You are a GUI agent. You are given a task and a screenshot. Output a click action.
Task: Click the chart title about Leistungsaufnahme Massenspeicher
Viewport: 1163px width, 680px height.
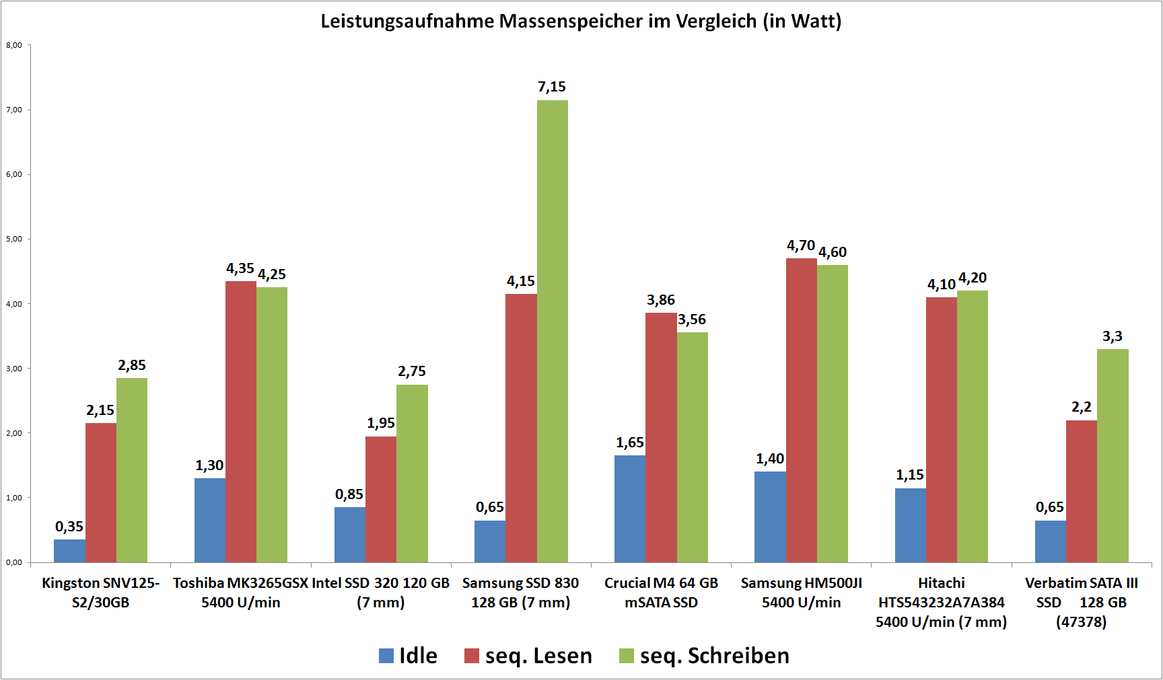(x=581, y=21)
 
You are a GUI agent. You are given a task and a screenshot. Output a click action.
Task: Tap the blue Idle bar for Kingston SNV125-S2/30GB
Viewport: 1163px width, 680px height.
(x=69, y=551)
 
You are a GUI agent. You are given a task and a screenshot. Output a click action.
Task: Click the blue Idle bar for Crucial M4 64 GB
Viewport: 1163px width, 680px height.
(x=630, y=508)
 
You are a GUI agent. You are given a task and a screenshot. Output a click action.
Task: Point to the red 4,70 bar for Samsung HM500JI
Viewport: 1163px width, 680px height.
(x=801, y=410)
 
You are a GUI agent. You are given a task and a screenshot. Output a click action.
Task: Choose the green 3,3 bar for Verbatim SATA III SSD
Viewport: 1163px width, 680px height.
(x=1113, y=455)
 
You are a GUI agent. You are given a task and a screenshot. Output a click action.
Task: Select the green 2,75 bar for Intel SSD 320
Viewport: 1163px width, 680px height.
(x=412, y=474)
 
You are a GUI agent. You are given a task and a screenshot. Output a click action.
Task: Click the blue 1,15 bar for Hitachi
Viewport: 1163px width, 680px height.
(x=910, y=525)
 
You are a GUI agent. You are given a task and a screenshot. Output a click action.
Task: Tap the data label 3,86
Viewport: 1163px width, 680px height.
(x=660, y=300)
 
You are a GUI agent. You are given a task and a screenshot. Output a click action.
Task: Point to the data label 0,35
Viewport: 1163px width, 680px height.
(x=69, y=527)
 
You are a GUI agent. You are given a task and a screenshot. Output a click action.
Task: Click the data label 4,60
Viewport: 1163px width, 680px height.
(x=833, y=252)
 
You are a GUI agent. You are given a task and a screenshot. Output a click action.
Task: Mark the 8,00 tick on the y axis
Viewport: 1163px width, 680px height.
(x=14, y=45)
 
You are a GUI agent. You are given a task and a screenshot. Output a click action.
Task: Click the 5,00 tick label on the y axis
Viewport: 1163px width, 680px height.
(x=14, y=239)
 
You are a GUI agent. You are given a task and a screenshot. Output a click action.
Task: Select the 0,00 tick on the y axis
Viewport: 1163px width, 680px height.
(x=14, y=562)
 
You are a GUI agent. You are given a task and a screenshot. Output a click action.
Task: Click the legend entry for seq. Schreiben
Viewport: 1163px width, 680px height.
(x=704, y=656)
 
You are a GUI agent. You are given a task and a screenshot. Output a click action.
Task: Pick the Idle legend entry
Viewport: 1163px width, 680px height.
(x=409, y=656)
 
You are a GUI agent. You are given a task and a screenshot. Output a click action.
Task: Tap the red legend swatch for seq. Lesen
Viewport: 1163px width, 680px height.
(x=472, y=656)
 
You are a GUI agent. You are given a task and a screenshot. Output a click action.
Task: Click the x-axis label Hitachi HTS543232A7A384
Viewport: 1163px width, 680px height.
(x=941, y=602)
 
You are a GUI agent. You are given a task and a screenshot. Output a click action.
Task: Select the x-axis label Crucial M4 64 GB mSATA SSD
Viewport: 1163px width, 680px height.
(x=661, y=593)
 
